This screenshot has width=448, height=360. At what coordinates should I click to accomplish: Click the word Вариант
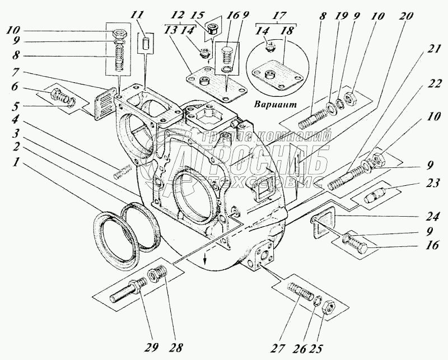pyautogui.click(x=274, y=106)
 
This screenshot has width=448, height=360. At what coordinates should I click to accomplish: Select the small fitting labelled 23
pyautogui.click(x=372, y=197)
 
